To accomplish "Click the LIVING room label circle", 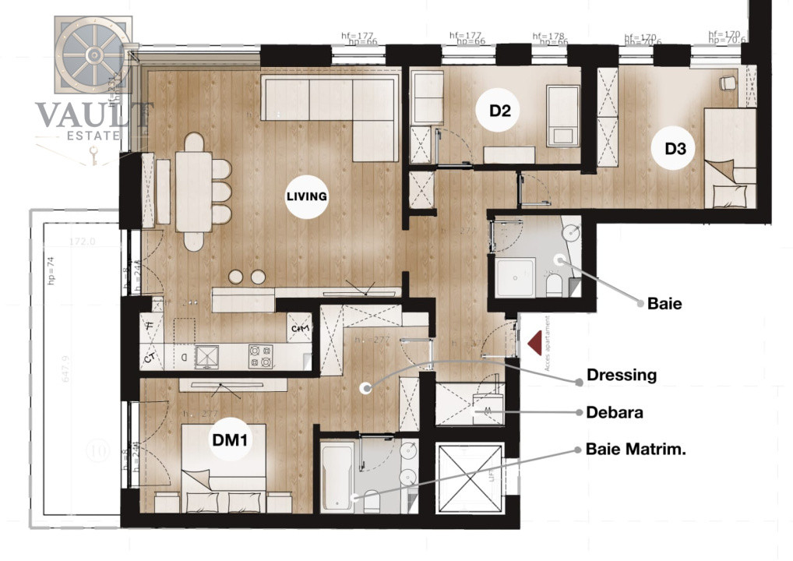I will coord(306,196).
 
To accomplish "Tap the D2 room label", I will coord(499,111).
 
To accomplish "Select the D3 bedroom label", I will coord(675,148).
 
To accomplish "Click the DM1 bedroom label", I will coord(230,441).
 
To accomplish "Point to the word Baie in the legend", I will coord(664,304).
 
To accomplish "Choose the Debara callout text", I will coord(615,413).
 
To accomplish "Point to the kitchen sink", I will coord(208,356).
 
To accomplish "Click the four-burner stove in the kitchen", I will coord(260,356).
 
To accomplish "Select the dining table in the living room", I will coord(193,191).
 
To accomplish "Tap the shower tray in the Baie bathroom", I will coord(515,277).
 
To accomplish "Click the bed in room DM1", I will coord(224,467).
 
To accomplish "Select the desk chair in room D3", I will coord(727,82).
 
